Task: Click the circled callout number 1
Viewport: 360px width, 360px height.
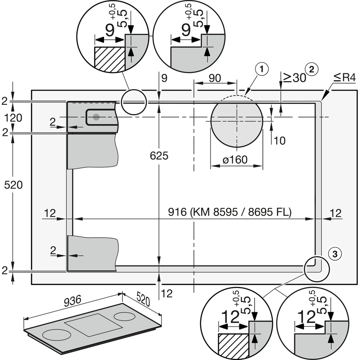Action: click(261, 69)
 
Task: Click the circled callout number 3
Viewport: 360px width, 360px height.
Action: click(334, 254)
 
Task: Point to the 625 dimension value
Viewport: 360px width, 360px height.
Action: click(159, 156)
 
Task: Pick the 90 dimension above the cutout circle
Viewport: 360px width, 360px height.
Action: click(215, 77)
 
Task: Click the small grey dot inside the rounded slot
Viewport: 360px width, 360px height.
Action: click(96, 117)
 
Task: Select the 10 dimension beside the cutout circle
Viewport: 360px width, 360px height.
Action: click(279, 140)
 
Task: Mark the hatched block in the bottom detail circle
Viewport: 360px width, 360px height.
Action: click(233, 346)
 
